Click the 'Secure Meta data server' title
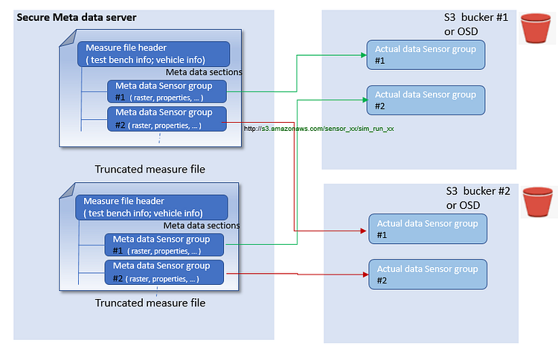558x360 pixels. click(x=77, y=16)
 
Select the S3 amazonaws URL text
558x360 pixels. click(x=320, y=129)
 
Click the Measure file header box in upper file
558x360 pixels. click(x=153, y=54)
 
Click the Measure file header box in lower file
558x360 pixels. click(x=151, y=207)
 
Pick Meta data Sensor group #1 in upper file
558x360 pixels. click(x=166, y=91)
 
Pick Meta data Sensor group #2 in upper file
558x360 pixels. click(x=166, y=119)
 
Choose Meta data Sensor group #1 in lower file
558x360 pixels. click(x=164, y=245)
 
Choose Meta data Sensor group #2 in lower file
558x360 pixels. click(x=164, y=272)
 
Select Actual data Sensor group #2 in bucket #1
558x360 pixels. click(x=425, y=100)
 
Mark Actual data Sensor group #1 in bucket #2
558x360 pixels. click(x=428, y=228)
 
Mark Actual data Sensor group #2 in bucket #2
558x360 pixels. click(x=428, y=274)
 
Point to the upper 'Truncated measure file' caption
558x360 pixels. click(x=150, y=169)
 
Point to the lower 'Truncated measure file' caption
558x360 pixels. click(x=150, y=303)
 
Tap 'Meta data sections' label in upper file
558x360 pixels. click(x=203, y=72)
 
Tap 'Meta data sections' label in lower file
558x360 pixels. click(x=201, y=225)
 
